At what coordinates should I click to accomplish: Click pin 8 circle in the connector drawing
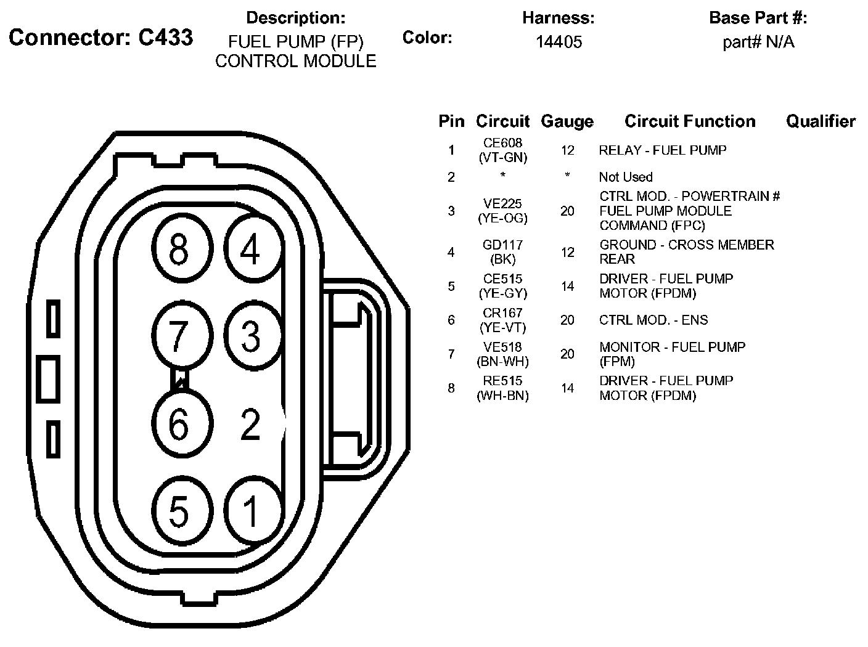click(179, 251)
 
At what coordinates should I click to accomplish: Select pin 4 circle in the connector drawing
click(250, 251)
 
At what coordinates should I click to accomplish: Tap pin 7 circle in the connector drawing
click(179, 336)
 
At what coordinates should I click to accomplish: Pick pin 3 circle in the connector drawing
click(250, 336)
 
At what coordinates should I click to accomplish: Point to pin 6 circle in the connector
click(179, 424)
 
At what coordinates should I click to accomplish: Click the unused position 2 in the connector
click(250, 424)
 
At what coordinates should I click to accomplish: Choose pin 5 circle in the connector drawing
click(179, 511)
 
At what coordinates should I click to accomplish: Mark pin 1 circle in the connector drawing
click(250, 511)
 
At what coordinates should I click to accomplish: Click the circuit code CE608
click(503, 143)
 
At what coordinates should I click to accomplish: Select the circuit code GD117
click(503, 245)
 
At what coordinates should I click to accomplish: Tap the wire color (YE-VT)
click(503, 328)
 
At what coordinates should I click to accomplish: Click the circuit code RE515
click(503, 381)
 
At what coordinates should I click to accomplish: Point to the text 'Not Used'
click(625, 177)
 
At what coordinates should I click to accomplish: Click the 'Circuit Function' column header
click(690, 121)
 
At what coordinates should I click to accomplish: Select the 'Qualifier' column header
click(821, 121)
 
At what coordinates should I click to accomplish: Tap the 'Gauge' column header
click(567, 122)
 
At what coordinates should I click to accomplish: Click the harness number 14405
click(559, 42)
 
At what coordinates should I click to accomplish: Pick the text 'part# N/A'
click(758, 42)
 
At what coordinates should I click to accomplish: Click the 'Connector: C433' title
click(100, 38)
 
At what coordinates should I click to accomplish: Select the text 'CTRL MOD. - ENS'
click(653, 320)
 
